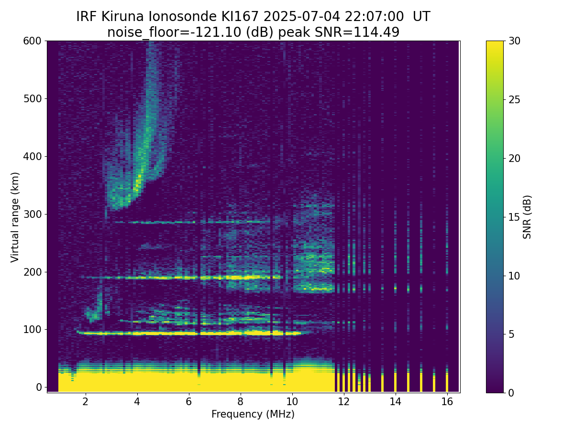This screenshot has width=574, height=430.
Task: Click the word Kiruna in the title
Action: (x=122, y=16)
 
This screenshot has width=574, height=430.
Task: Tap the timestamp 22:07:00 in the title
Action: (x=374, y=16)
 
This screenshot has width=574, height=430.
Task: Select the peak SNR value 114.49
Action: (x=376, y=32)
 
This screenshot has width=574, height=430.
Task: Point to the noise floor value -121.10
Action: (x=217, y=32)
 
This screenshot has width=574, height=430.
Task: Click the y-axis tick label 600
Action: (x=32, y=41)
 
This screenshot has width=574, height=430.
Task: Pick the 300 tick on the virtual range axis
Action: (x=32, y=215)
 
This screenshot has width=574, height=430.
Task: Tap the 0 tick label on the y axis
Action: (x=39, y=387)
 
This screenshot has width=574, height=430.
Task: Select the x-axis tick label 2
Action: (x=85, y=401)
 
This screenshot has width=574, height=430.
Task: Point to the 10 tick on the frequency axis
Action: (x=292, y=401)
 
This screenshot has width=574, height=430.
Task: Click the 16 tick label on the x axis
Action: (x=447, y=401)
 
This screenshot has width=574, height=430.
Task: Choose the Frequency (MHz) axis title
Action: (x=253, y=414)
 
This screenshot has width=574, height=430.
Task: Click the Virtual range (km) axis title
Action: (x=15, y=217)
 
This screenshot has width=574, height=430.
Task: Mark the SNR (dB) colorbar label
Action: (x=527, y=217)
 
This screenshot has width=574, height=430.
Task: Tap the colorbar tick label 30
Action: (x=514, y=41)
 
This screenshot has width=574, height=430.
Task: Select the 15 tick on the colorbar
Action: (x=514, y=217)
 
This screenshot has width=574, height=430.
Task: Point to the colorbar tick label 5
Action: (x=511, y=334)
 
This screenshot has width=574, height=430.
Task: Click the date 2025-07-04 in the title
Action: (x=301, y=16)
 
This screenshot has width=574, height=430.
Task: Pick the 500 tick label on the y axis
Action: (x=32, y=99)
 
